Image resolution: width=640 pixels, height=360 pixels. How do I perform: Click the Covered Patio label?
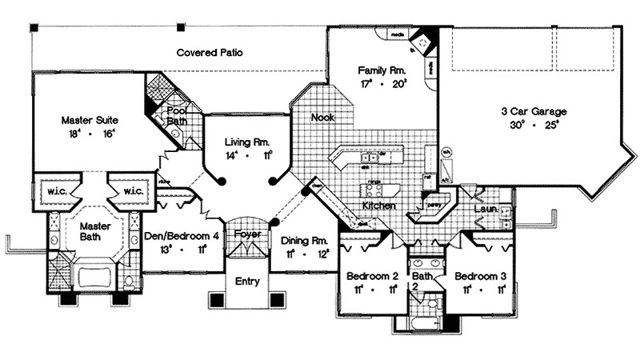(210, 54)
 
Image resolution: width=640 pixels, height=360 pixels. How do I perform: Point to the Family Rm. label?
(382, 70)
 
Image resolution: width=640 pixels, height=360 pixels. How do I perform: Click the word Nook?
(322, 117)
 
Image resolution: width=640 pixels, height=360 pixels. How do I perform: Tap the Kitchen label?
(378, 206)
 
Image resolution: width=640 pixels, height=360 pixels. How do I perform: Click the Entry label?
(246, 282)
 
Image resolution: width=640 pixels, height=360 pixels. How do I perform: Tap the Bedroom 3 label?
(480, 276)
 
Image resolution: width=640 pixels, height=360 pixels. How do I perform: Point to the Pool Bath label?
(178, 114)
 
